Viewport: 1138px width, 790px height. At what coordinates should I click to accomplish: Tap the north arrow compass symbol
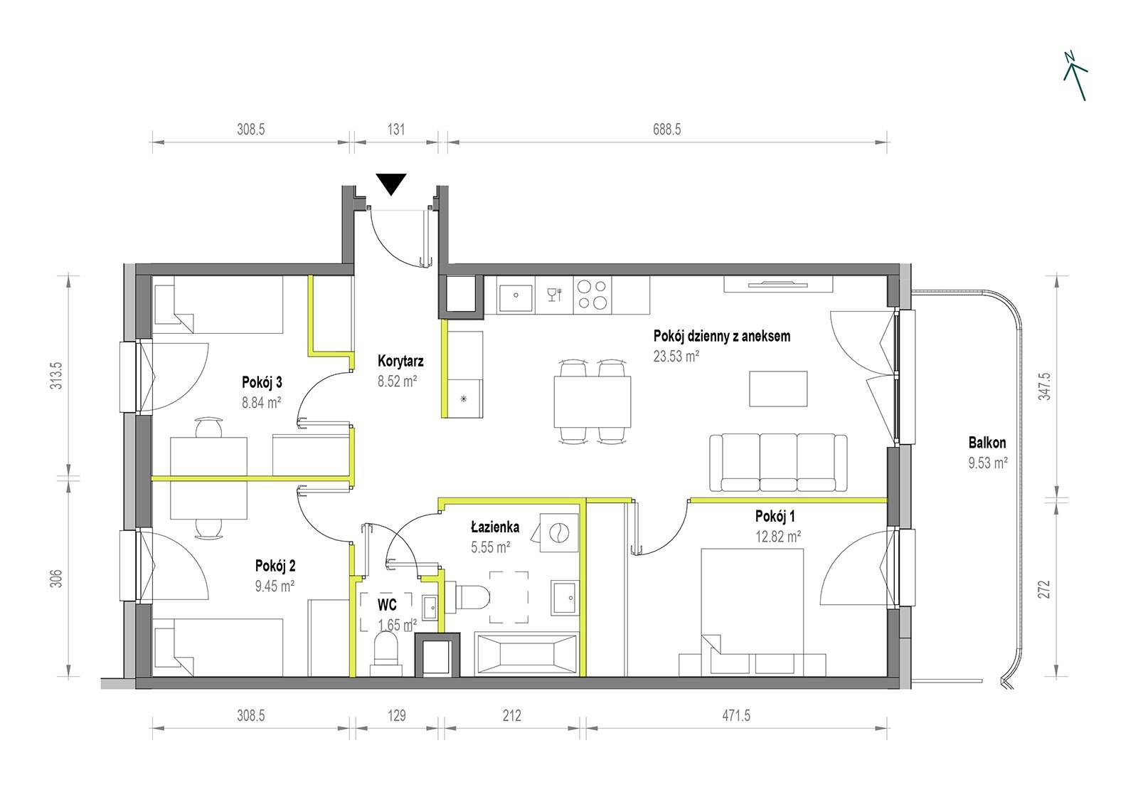click(x=1075, y=75)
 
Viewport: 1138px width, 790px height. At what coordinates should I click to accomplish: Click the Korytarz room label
click(x=400, y=361)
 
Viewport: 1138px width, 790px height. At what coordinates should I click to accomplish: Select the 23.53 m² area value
click(x=676, y=356)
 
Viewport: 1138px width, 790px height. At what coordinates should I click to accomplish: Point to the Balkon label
click(x=987, y=443)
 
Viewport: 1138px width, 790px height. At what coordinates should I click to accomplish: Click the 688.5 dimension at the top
click(x=666, y=130)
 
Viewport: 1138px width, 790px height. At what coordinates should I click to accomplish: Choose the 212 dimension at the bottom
click(x=511, y=716)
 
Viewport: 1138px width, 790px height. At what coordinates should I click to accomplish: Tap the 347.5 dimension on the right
click(x=1044, y=386)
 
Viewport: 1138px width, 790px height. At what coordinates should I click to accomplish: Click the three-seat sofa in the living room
click(x=778, y=462)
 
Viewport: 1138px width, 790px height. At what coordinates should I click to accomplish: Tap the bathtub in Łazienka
click(x=526, y=654)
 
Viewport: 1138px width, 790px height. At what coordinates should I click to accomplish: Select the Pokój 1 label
click(x=775, y=517)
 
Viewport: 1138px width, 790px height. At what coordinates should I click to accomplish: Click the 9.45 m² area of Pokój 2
click(x=275, y=586)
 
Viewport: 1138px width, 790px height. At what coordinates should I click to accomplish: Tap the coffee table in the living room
click(x=778, y=389)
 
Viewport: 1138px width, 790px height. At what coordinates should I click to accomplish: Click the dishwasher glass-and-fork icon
click(x=554, y=295)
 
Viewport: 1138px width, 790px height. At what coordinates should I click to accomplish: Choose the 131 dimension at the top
click(x=396, y=130)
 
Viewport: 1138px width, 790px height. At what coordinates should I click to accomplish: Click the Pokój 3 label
click(x=262, y=382)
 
